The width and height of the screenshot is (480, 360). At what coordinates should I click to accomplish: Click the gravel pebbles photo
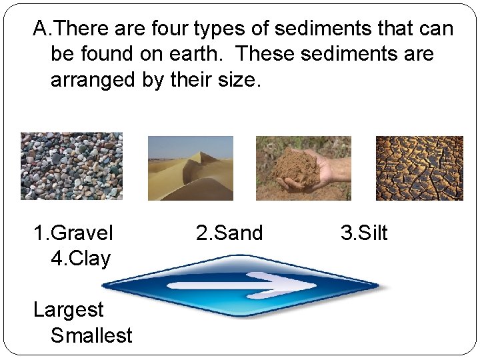[71, 166]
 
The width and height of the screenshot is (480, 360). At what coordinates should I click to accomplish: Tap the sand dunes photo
[191, 168]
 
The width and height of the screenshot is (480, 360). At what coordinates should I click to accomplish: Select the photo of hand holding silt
[303, 168]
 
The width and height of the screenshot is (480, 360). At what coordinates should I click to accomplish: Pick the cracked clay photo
[419, 168]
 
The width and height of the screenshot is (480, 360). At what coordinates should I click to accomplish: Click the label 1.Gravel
[73, 233]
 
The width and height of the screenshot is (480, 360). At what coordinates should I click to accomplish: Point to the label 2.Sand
[229, 233]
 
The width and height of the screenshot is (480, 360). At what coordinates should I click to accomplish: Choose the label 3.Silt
[364, 233]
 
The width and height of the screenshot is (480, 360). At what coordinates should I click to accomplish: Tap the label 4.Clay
[80, 259]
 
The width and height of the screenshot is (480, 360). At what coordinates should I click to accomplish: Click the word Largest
[69, 310]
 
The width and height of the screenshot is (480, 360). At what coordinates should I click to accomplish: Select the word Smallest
[91, 335]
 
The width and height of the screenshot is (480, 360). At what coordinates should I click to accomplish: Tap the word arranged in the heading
[93, 80]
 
